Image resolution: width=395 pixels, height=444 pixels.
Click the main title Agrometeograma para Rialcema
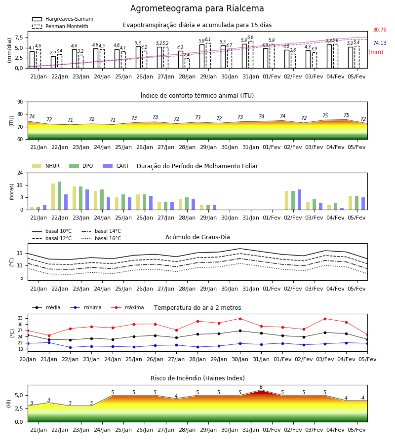pyautogui.click(x=197, y=8)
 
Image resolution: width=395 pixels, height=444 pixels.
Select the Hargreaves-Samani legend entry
pyautogui.click(x=62, y=19)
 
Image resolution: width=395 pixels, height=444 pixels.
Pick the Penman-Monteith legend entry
pyautogui.click(x=60, y=26)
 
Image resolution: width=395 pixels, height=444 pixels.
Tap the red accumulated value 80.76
pyautogui.click(x=380, y=30)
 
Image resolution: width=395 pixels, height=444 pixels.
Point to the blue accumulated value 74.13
pyautogui.click(x=380, y=43)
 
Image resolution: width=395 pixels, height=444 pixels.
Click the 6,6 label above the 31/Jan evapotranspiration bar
pyautogui.click(x=250, y=37)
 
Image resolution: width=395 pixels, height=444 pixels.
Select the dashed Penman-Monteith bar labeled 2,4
pyautogui.click(x=187, y=63)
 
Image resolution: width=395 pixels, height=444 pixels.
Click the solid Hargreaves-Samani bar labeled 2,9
pyautogui.click(x=53, y=62)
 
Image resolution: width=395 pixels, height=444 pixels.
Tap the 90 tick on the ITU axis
pyautogui.click(x=20, y=102)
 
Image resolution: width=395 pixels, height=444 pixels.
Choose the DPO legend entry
pyautogui.click(x=81, y=166)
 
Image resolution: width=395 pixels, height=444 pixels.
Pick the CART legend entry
pyautogui.click(x=116, y=166)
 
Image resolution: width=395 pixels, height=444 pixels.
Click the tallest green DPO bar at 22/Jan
pyautogui.click(x=60, y=196)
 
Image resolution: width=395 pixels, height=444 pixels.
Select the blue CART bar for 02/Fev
pyautogui.click(x=300, y=200)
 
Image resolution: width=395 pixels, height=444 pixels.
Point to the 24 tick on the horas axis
pyautogui.click(x=20, y=173)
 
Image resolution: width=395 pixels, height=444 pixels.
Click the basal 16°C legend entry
pyautogui.click(x=101, y=238)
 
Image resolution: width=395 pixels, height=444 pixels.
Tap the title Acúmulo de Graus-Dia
pyautogui.click(x=197, y=237)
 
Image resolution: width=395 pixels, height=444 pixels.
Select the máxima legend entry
pyautogui.click(x=127, y=307)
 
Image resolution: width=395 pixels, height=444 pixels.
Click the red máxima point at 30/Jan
pyautogui.click(x=240, y=319)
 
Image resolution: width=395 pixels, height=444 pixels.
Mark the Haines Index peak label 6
pyautogui.click(x=261, y=387)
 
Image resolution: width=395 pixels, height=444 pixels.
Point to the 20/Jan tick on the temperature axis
pyautogui.click(x=28, y=359)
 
